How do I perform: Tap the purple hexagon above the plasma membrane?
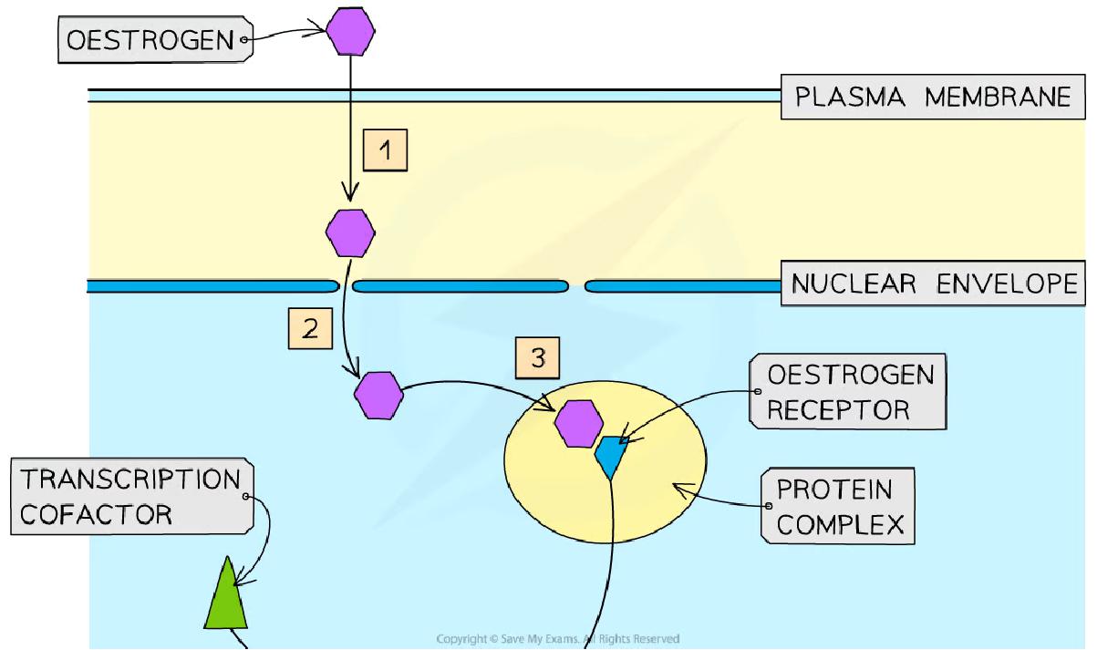click(x=350, y=34)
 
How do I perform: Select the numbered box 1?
click(x=386, y=150)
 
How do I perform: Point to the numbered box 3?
click(x=538, y=358)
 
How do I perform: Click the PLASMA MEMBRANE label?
click(x=932, y=97)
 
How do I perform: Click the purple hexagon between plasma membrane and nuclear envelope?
click(x=350, y=232)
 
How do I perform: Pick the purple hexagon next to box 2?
click(x=378, y=395)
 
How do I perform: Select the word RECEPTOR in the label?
click(x=838, y=410)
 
